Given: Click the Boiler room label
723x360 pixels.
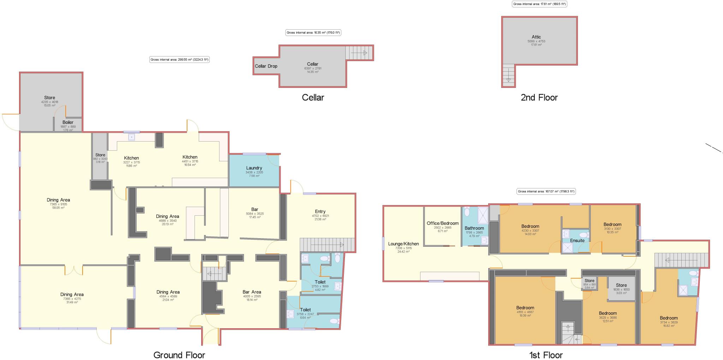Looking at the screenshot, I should pyautogui.click(x=68, y=122).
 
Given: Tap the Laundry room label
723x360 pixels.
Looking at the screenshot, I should pyautogui.click(x=254, y=168).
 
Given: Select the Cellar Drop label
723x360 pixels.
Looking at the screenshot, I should pyautogui.click(x=266, y=66).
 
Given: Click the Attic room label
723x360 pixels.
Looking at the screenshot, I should pyautogui.click(x=536, y=37).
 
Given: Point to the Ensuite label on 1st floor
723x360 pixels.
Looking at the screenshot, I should pyautogui.click(x=577, y=240).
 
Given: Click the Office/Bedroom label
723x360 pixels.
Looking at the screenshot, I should pyautogui.click(x=442, y=223).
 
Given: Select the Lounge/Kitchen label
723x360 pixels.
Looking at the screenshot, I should pyautogui.click(x=403, y=244).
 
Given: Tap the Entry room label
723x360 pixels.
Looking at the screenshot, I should pyautogui.click(x=320, y=211).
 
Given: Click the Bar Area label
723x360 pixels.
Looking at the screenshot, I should pyautogui.click(x=251, y=292).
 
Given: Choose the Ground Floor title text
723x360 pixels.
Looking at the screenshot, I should pyautogui.click(x=179, y=355).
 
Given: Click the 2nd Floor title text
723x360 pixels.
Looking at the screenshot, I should pyautogui.click(x=539, y=97).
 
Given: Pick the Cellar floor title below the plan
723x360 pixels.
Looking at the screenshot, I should pyautogui.click(x=313, y=97).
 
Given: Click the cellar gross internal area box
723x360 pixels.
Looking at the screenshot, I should pyautogui.click(x=313, y=32).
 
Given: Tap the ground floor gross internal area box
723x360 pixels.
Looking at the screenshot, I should pyautogui.click(x=179, y=60).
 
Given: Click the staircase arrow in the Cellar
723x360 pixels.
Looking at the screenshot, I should pyautogui.click(x=359, y=53).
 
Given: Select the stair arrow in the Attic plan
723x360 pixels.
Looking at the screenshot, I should pyautogui.click(x=508, y=75).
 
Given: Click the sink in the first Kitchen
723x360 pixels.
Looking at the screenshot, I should pyautogui.click(x=132, y=137).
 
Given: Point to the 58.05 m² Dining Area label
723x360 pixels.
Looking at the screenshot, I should pyautogui.click(x=58, y=200).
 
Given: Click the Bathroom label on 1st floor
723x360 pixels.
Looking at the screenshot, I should pyautogui.click(x=474, y=228).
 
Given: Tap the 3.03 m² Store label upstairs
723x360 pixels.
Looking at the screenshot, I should pyautogui.click(x=621, y=285).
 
